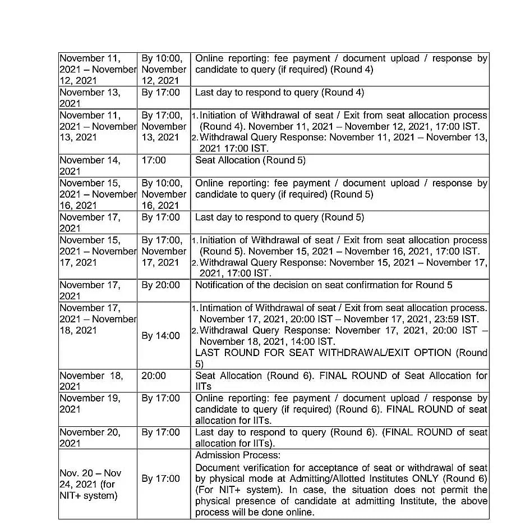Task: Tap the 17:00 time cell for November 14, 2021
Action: click(x=154, y=161)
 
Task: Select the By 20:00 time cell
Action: click(x=160, y=285)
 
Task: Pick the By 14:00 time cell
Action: click(x=160, y=336)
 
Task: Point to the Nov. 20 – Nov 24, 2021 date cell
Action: click(x=90, y=484)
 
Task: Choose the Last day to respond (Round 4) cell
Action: click(x=279, y=93)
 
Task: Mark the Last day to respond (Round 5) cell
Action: click(x=279, y=217)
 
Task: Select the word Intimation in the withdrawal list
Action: click(x=227, y=308)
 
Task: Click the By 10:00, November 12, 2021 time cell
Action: click(x=163, y=69)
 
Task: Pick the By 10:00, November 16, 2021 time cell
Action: click(x=163, y=194)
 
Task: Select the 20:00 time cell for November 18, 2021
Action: click(x=154, y=376)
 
